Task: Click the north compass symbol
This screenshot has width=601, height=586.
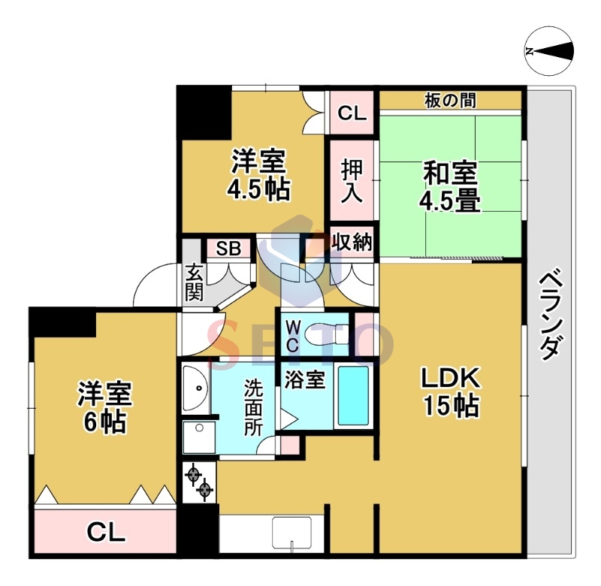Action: pyautogui.click(x=549, y=51)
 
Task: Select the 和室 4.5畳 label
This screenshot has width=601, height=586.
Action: pyautogui.click(x=451, y=187)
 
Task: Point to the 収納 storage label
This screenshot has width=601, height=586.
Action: pyautogui.click(x=352, y=242)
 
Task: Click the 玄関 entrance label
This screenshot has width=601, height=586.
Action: pyautogui.click(x=195, y=282)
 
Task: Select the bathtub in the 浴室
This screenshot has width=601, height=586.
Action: pyautogui.click(x=352, y=395)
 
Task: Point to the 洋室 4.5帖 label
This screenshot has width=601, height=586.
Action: pyautogui.click(x=258, y=175)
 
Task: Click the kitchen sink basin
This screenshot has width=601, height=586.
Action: pyautogui.click(x=292, y=534)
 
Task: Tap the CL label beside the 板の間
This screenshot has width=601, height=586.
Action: pyautogui.click(x=351, y=113)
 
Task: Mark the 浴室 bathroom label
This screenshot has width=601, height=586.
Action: pyautogui.click(x=304, y=380)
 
